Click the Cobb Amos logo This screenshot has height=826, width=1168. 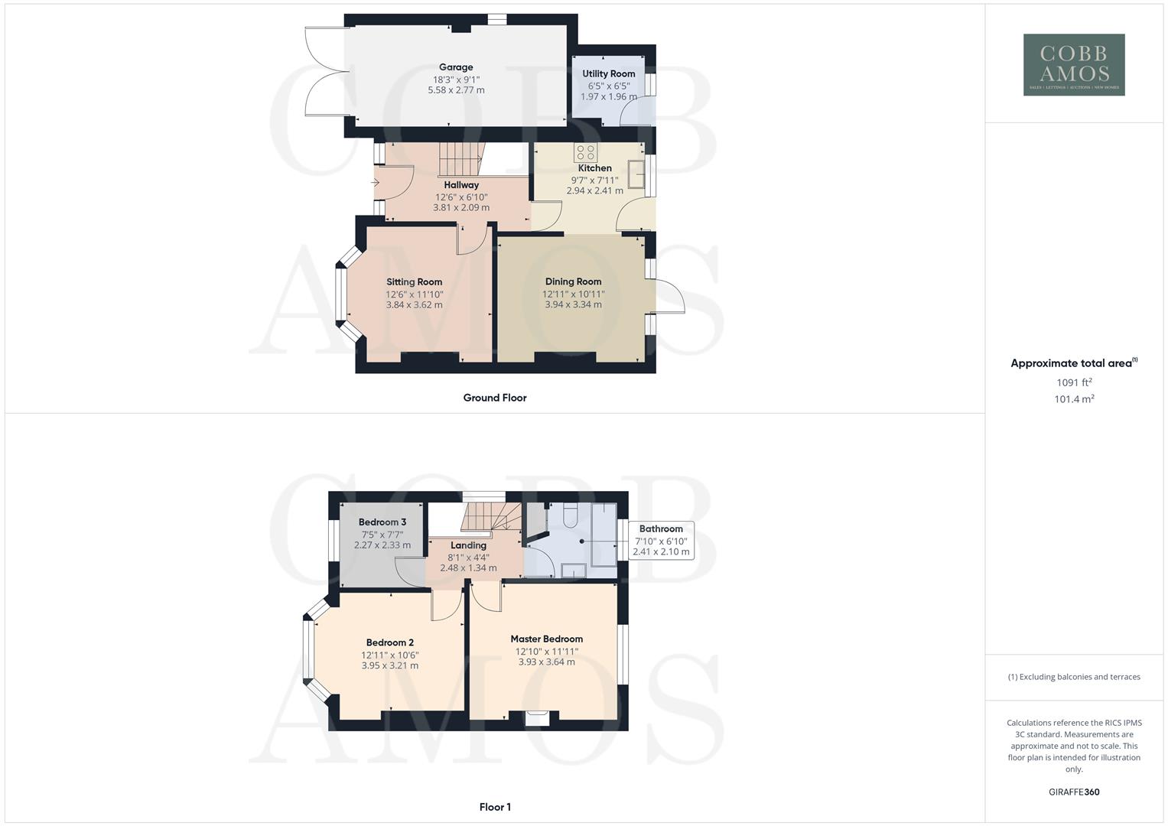point(1073,65)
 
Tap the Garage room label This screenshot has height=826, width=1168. point(456,67)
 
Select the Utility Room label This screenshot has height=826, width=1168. point(609,74)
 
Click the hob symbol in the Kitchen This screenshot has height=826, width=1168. point(586,152)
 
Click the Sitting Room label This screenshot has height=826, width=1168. point(414,282)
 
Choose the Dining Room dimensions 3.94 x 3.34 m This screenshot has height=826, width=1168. point(573,304)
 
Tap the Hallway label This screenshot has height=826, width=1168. point(461,185)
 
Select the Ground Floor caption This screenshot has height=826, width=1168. point(494,398)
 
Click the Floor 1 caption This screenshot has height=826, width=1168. point(495,807)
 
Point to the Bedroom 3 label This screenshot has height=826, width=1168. point(382,522)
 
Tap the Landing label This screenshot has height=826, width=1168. point(468,545)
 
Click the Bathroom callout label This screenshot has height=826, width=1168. point(661,528)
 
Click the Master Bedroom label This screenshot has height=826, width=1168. point(546,639)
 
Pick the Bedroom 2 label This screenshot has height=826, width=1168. point(389,642)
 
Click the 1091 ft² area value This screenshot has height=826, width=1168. point(1074,382)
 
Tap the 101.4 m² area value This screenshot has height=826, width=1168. point(1074,399)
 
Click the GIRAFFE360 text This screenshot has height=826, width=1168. point(1073,792)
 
